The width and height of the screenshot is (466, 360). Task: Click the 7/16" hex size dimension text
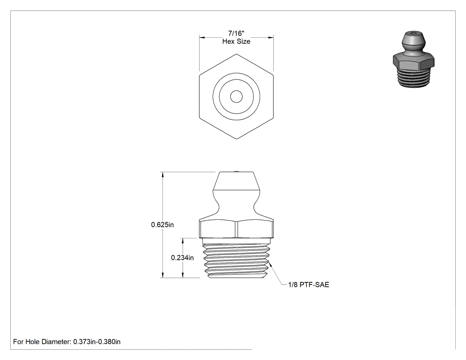tap(236, 33)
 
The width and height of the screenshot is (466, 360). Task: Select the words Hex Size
tap(236, 41)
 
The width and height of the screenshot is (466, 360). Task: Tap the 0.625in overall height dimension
tap(162, 225)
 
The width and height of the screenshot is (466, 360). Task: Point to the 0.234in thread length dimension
tap(182, 258)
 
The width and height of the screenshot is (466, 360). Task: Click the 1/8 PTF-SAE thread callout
tap(309, 285)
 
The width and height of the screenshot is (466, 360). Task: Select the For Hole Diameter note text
tap(67, 341)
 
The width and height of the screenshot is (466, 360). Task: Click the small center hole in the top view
tap(236, 97)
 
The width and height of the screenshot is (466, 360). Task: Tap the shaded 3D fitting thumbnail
tap(413, 59)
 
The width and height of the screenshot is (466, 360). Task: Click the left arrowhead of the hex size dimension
tap(202, 37)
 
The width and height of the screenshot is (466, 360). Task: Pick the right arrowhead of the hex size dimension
tap(271, 37)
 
